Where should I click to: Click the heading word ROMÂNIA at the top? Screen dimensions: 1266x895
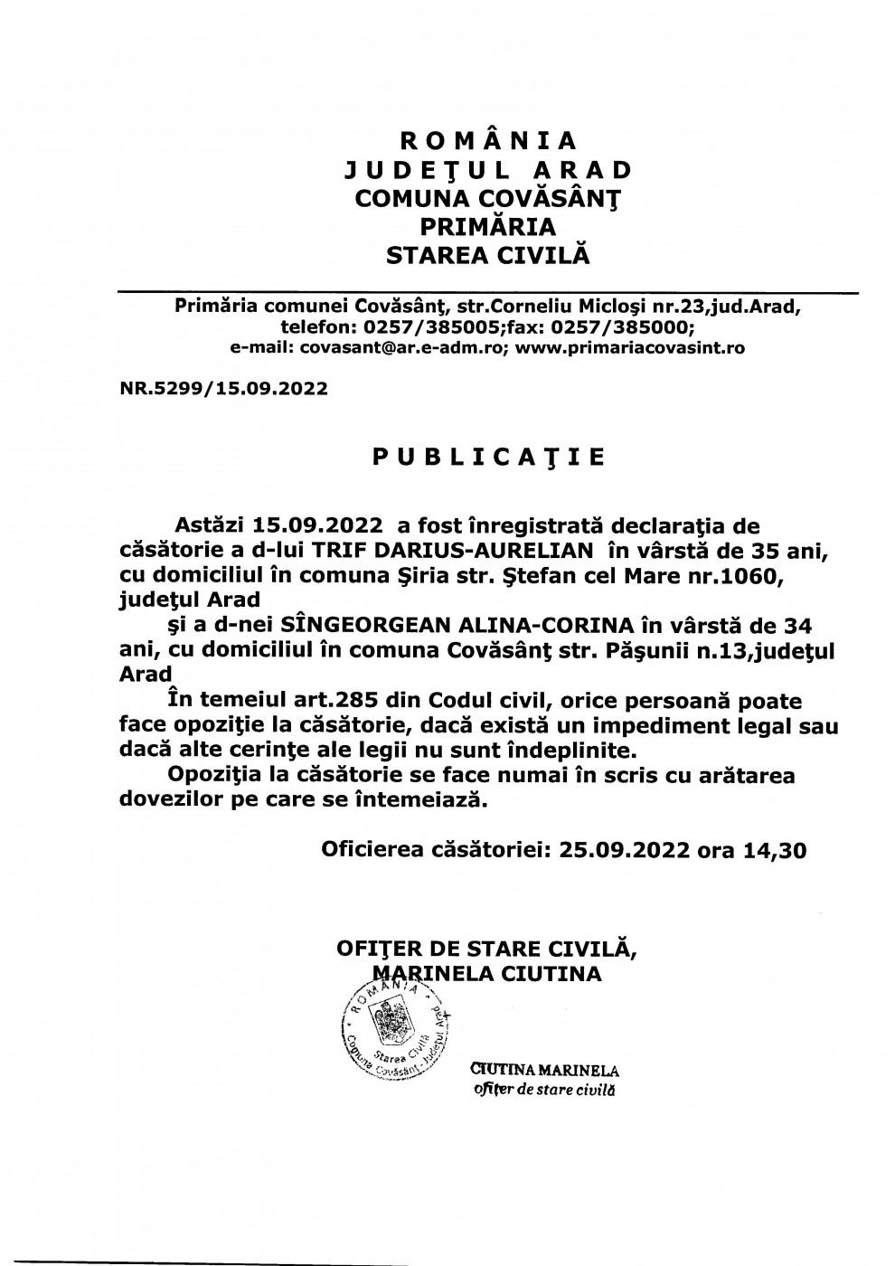[488, 140]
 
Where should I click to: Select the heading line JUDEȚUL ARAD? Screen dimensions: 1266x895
[488, 169]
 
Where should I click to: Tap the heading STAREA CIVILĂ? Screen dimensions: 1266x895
[488, 255]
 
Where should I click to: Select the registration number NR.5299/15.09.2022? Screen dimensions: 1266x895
[223, 389]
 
